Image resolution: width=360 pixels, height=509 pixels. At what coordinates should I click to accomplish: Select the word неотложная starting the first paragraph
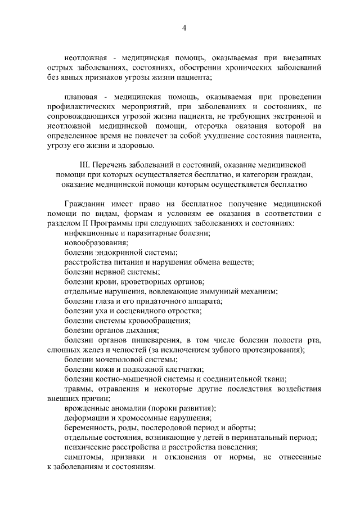click(x=85, y=58)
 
